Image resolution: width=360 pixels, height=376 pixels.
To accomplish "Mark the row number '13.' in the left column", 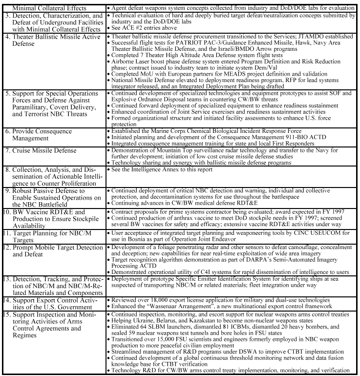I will pos(7,278).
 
